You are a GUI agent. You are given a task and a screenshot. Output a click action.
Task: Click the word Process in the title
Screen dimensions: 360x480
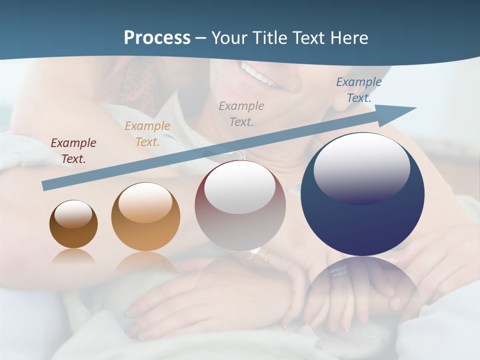pyautogui.click(x=157, y=37)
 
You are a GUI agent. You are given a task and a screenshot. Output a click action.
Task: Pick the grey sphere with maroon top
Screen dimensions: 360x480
pyautogui.click(x=240, y=205)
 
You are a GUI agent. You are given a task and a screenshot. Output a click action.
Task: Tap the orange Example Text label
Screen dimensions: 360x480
pyautogui.click(x=147, y=134)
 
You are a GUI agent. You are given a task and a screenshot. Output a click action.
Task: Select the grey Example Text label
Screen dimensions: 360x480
pyautogui.click(x=241, y=113)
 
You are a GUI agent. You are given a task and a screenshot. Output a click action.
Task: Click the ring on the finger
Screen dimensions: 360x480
pyautogui.click(x=339, y=271)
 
